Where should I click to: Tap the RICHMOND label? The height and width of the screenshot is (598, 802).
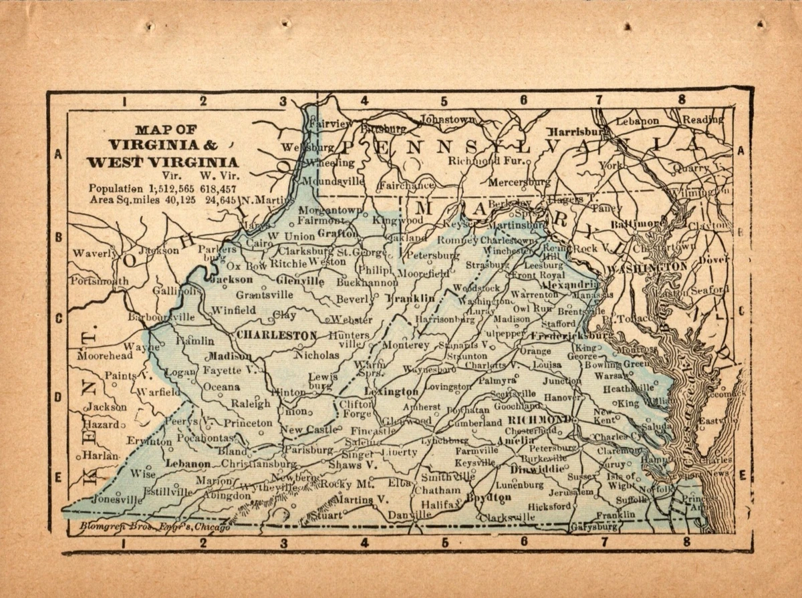click(540, 420)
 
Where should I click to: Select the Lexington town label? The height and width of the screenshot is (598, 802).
click(392, 392)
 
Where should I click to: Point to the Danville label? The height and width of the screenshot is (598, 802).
click(409, 515)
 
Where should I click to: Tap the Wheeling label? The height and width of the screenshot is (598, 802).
click(330, 162)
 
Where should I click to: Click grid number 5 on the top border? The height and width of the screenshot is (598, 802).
click(444, 102)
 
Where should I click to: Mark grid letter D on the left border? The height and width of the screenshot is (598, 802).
click(58, 397)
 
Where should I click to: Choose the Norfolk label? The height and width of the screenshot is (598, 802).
click(653, 488)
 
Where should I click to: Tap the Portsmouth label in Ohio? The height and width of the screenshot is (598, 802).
click(99, 281)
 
